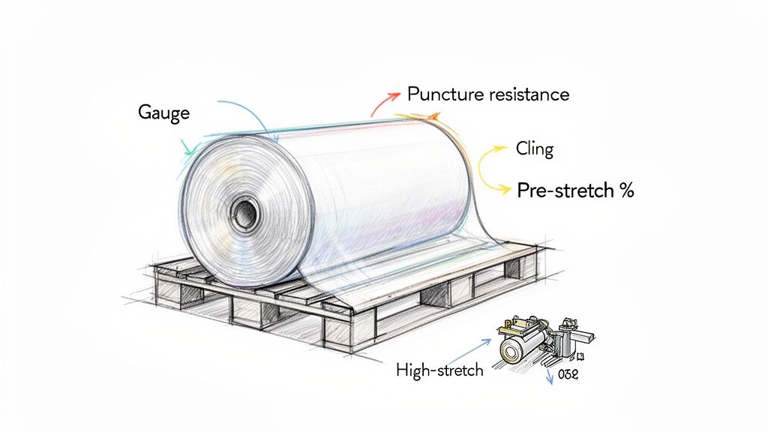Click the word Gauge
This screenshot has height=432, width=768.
pyautogui.click(x=164, y=113)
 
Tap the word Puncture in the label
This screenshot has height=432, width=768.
pyautogui.click(x=442, y=94)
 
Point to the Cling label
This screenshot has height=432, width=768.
pyautogui.click(x=534, y=148)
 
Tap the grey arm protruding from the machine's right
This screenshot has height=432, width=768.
pyautogui.click(x=583, y=346)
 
